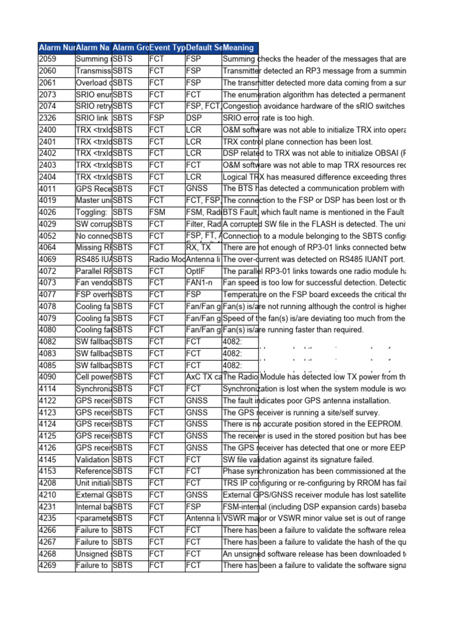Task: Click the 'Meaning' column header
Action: [240, 47]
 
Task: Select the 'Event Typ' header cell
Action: [166, 47]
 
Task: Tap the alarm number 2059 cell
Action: [56, 59]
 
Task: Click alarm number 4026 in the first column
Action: [56, 213]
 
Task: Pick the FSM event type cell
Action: [166, 213]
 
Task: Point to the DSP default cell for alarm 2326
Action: [203, 118]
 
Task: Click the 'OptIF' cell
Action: [203, 271]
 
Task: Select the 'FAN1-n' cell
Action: [203, 283]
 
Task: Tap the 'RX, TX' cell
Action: [203, 248]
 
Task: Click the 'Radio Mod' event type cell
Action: [166, 259]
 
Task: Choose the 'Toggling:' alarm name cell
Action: [93, 213]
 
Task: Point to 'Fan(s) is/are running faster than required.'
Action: [292, 330]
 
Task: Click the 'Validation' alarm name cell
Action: [93, 460]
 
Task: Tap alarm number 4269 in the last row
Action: [56, 566]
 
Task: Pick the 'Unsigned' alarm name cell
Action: [93, 554]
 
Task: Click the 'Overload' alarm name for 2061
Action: [93, 83]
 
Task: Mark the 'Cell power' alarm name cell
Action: [93, 377]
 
